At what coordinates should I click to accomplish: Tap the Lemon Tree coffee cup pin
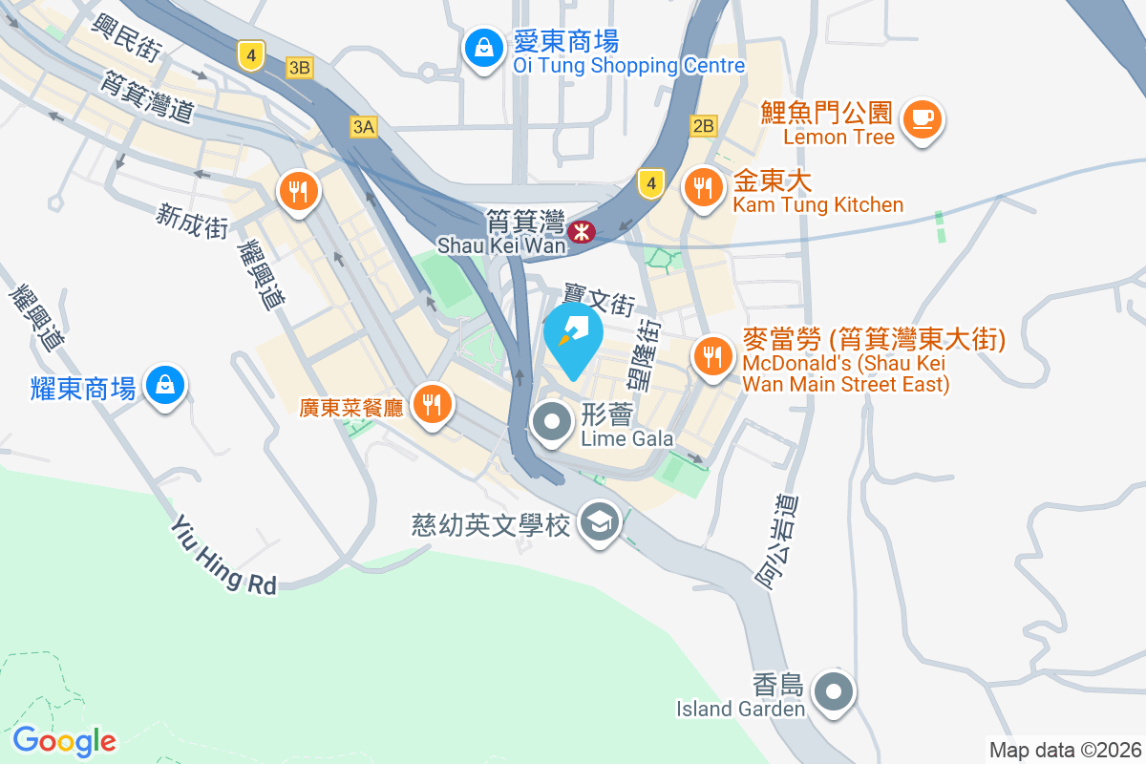point(923,119)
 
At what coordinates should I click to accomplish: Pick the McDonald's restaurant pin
point(712,357)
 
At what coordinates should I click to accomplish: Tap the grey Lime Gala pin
point(552,421)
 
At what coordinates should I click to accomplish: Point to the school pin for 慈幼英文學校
point(600,522)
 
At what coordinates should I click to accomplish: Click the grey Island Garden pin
point(834,690)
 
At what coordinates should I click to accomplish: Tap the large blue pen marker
point(573,337)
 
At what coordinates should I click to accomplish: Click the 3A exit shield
point(364,126)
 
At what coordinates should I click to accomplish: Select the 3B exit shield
point(300,67)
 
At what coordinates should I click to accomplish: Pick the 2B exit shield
point(703,126)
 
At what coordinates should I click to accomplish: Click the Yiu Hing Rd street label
point(224,555)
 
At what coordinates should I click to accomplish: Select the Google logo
point(64,741)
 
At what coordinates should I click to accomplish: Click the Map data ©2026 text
point(1064,750)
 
